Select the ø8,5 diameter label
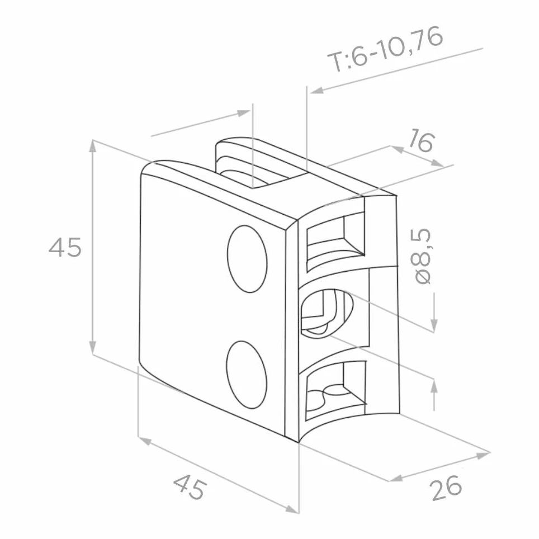423,256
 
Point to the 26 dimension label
446,488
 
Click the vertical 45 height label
65,247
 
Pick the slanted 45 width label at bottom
190,487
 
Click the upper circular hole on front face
247,259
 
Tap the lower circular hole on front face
247,375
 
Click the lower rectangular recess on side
335,390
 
